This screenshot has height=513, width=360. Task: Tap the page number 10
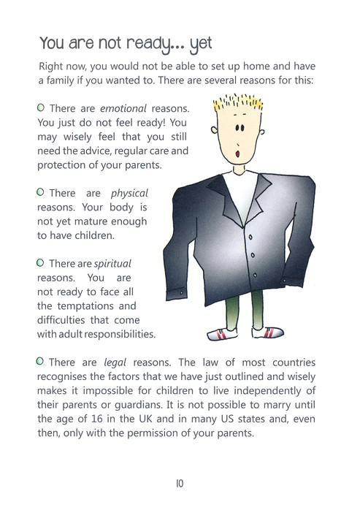[x=179, y=483]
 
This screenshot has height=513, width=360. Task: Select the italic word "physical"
[x=129, y=194]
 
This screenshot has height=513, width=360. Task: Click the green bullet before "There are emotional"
[x=42, y=108]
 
